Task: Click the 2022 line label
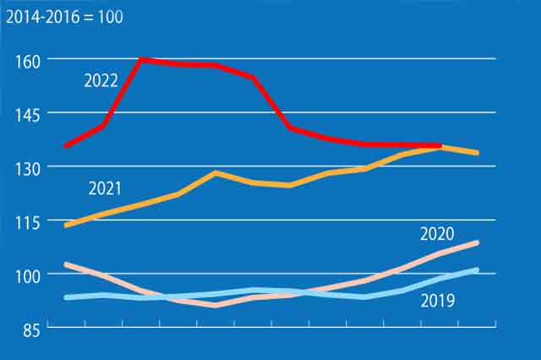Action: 101,81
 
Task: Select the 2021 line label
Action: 105,187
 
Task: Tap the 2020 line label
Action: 437,234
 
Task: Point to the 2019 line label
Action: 437,300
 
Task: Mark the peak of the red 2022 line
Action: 141,59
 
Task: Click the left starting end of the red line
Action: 66,145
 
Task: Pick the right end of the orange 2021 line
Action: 478,153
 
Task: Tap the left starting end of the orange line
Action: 66,226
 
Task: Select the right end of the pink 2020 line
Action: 478,243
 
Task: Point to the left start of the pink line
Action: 66,265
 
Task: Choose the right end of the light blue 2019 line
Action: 478,270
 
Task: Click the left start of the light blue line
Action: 66,297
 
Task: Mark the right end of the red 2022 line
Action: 440,145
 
